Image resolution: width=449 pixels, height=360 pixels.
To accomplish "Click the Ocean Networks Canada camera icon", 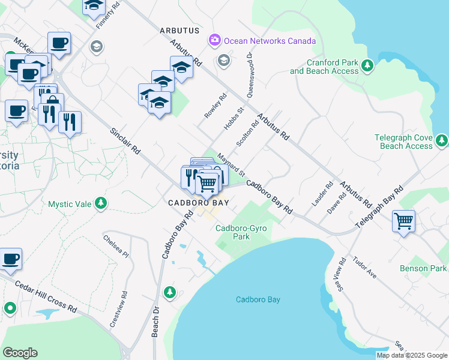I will coord(214,41).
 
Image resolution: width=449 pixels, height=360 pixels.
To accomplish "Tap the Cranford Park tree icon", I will coord(367,65).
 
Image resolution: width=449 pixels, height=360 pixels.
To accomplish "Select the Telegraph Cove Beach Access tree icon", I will coord(442,140).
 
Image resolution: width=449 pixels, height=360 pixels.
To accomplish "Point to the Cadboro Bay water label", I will coord(258,299).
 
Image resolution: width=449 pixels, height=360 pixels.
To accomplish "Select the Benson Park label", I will coord(426,268).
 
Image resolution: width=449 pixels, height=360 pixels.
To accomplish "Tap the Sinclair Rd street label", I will coord(125,140).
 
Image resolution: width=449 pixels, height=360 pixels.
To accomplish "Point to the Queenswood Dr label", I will coord(249,75).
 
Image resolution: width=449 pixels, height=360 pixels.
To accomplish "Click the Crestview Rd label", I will coord(124,310).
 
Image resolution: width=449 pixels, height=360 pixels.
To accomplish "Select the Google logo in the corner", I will coord(20,353).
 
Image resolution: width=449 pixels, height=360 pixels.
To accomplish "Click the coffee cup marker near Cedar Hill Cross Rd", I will coord(11,260).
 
